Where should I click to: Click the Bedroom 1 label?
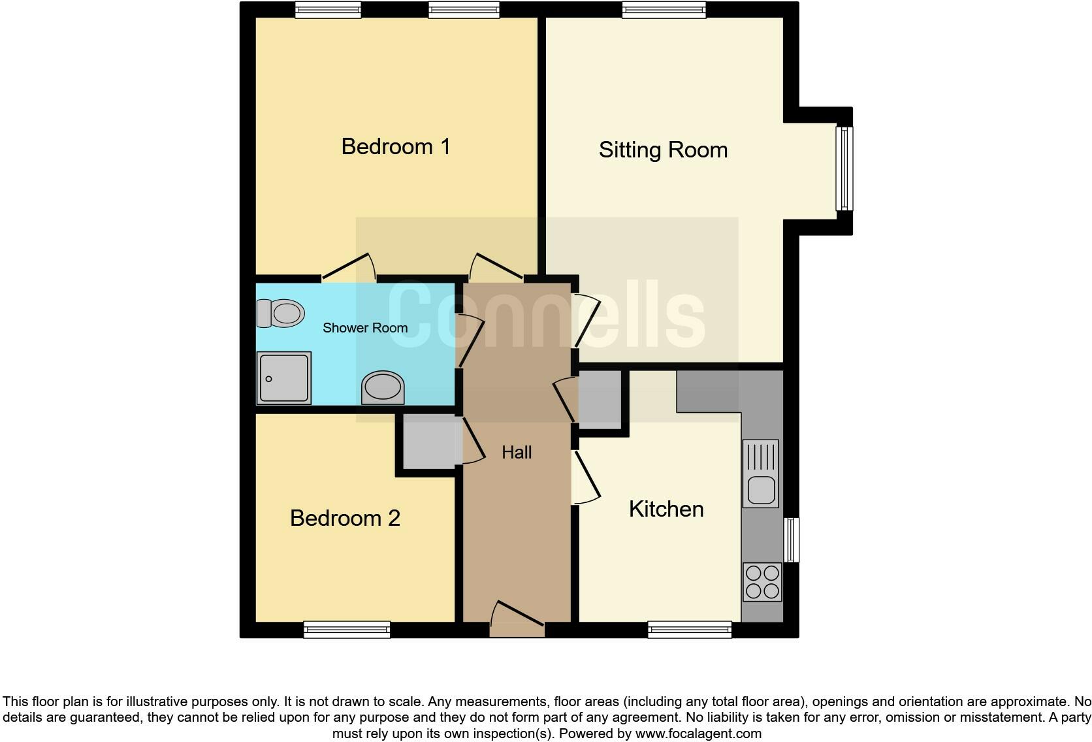coord(396,146)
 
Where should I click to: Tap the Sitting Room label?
coord(663,150)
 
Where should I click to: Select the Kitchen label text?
coord(666,509)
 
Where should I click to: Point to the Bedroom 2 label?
coord(345,518)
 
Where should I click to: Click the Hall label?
coord(517,452)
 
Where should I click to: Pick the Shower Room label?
coord(365,328)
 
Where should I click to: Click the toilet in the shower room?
coord(281,314)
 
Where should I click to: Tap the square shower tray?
coord(284,378)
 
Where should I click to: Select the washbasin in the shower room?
coord(383,387)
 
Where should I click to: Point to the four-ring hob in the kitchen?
coord(762,582)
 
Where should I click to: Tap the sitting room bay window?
coord(844,169)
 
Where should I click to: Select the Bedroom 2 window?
coord(347,630)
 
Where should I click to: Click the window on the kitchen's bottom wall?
coord(690,630)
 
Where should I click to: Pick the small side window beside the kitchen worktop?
coord(792,540)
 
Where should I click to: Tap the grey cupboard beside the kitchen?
coord(600,400)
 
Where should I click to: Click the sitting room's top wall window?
coord(664,10)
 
